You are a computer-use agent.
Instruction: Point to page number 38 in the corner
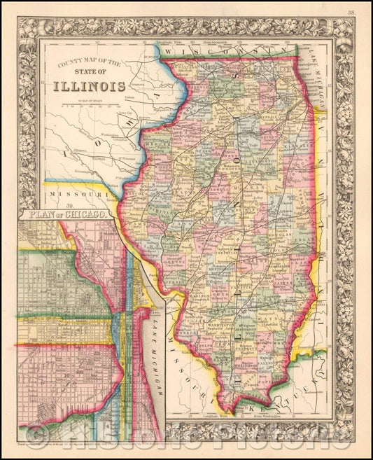coord(360,11)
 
